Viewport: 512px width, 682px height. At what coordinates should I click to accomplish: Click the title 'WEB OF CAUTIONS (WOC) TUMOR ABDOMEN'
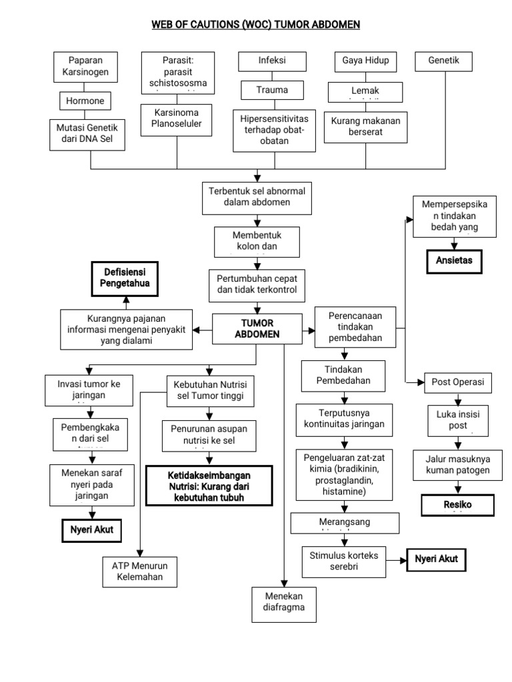(256, 25)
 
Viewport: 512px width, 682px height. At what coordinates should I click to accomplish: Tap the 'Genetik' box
(445, 61)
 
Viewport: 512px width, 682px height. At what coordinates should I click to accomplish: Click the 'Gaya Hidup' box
(365, 61)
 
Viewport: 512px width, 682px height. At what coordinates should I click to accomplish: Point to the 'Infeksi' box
(272, 61)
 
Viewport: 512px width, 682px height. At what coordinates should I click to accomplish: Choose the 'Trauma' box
(272, 89)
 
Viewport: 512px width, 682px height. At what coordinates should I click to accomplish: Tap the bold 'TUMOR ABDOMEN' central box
(257, 329)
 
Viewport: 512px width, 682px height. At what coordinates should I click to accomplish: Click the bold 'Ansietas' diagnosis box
(453, 260)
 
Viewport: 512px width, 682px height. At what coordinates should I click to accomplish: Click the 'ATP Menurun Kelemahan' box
(141, 571)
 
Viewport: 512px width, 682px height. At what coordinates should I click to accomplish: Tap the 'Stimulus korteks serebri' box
(344, 559)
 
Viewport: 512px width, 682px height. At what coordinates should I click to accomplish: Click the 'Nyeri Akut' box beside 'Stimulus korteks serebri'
(437, 559)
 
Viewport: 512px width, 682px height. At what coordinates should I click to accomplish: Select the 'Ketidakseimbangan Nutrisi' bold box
(210, 486)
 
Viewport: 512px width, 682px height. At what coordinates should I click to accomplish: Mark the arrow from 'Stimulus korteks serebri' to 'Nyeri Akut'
(397, 559)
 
